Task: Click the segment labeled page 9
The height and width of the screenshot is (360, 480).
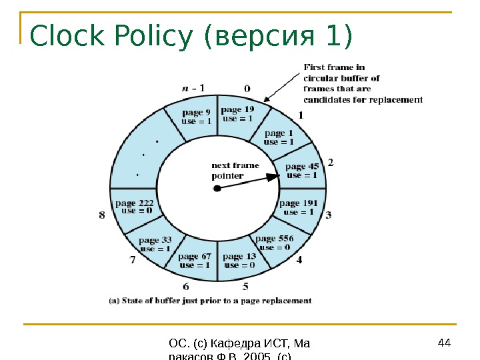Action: [196, 117]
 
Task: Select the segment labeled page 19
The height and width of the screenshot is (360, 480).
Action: [237, 114]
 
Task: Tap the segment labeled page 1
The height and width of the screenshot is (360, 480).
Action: [278, 138]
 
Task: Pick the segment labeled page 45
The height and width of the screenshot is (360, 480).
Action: [301, 171]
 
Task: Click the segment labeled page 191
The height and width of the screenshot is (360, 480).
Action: [298, 207]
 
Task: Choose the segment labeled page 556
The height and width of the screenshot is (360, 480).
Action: [274, 243]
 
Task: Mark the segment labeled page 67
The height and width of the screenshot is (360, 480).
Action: [195, 261]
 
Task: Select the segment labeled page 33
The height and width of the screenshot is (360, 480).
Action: [155, 244]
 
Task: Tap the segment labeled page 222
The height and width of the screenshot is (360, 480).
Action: [135, 207]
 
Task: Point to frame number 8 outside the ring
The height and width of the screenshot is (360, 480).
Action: [102, 215]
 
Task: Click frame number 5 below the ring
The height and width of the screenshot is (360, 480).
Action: [245, 287]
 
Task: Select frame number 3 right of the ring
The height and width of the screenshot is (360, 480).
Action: [329, 215]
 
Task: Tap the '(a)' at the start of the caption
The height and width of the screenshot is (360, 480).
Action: [113, 301]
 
